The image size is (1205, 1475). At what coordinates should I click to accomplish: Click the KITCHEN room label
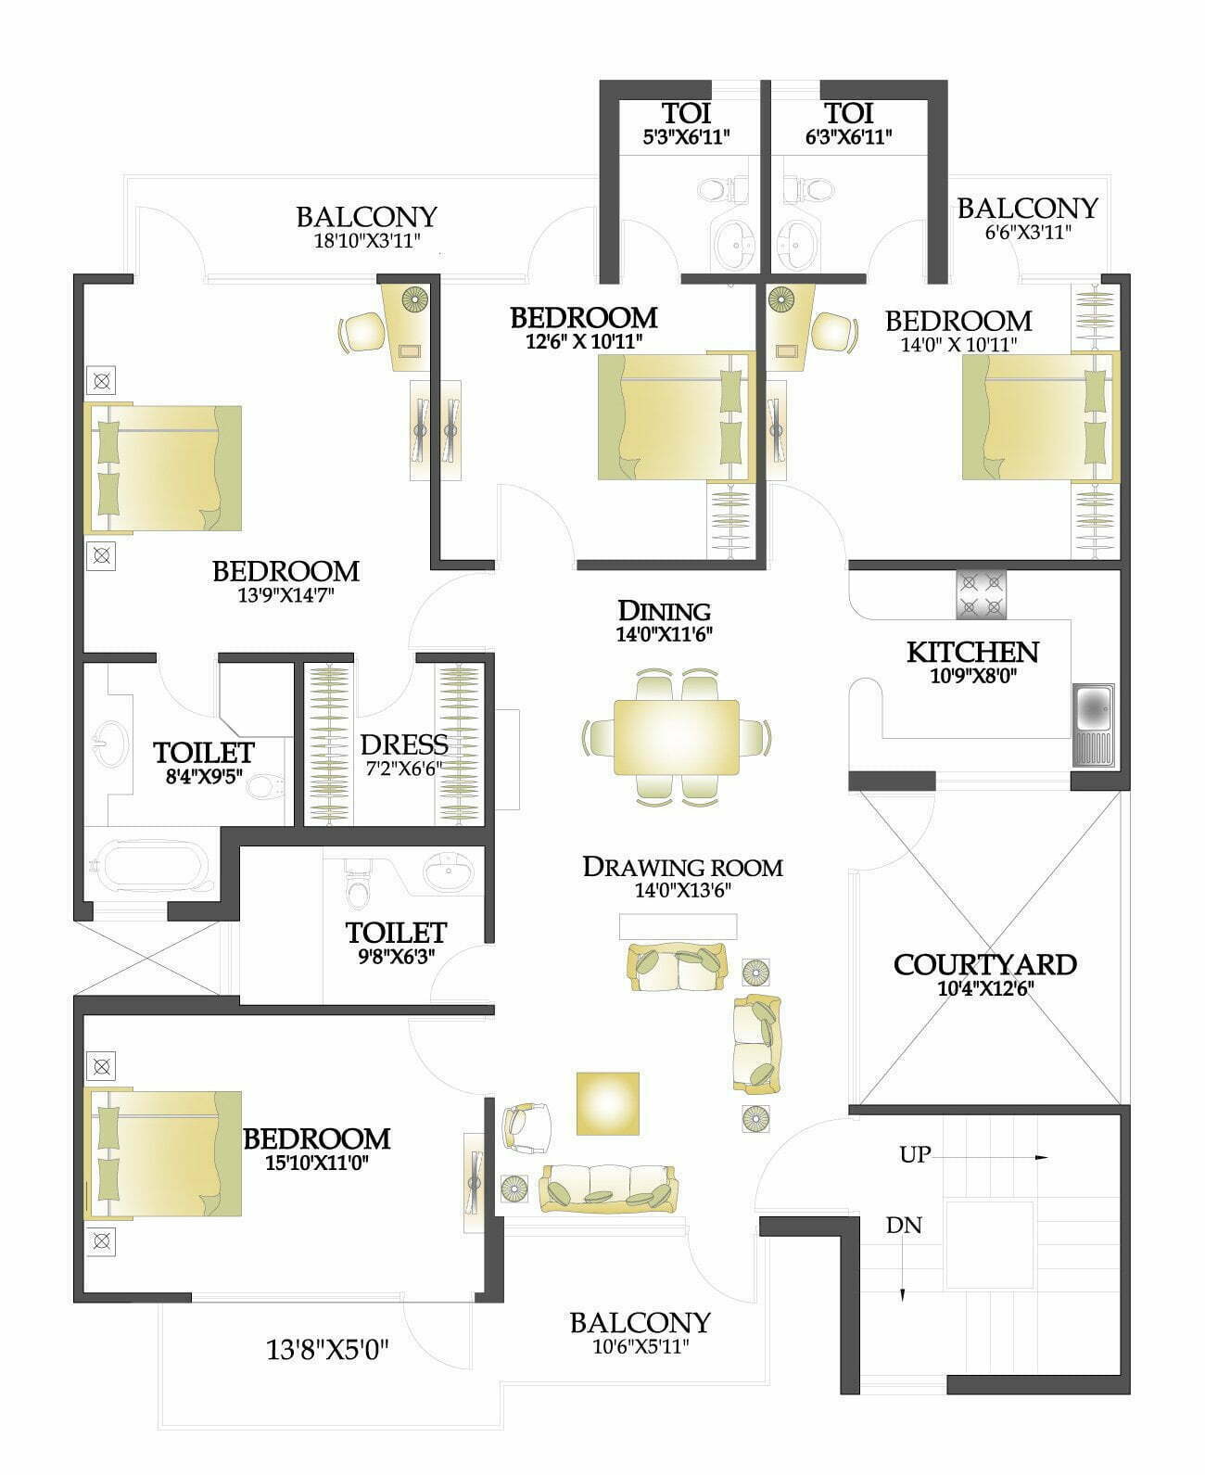tap(972, 653)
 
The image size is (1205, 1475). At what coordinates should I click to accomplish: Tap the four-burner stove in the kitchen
tap(982, 594)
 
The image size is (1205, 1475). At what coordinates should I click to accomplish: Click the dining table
tap(677, 736)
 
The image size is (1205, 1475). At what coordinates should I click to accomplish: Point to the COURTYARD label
tap(984, 965)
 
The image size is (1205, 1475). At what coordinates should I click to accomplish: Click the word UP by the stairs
tap(916, 1154)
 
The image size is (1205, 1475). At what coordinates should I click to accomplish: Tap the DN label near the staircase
tap(904, 1226)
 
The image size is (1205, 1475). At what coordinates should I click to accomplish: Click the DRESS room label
tap(404, 744)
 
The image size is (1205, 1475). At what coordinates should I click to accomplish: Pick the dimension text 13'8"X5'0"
tap(327, 1351)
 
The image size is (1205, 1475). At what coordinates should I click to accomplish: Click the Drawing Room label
tap(682, 867)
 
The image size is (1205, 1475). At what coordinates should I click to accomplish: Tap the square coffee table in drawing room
tap(608, 1103)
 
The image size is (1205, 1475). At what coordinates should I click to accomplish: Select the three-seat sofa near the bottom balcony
tap(608, 1189)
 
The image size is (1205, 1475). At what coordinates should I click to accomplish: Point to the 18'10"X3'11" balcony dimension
tap(367, 241)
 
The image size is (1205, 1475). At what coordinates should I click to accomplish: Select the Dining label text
tap(665, 611)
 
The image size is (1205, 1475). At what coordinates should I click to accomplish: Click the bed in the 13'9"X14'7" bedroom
tap(163, 468)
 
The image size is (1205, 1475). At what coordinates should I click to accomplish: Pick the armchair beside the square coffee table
tap(526, 1126)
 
